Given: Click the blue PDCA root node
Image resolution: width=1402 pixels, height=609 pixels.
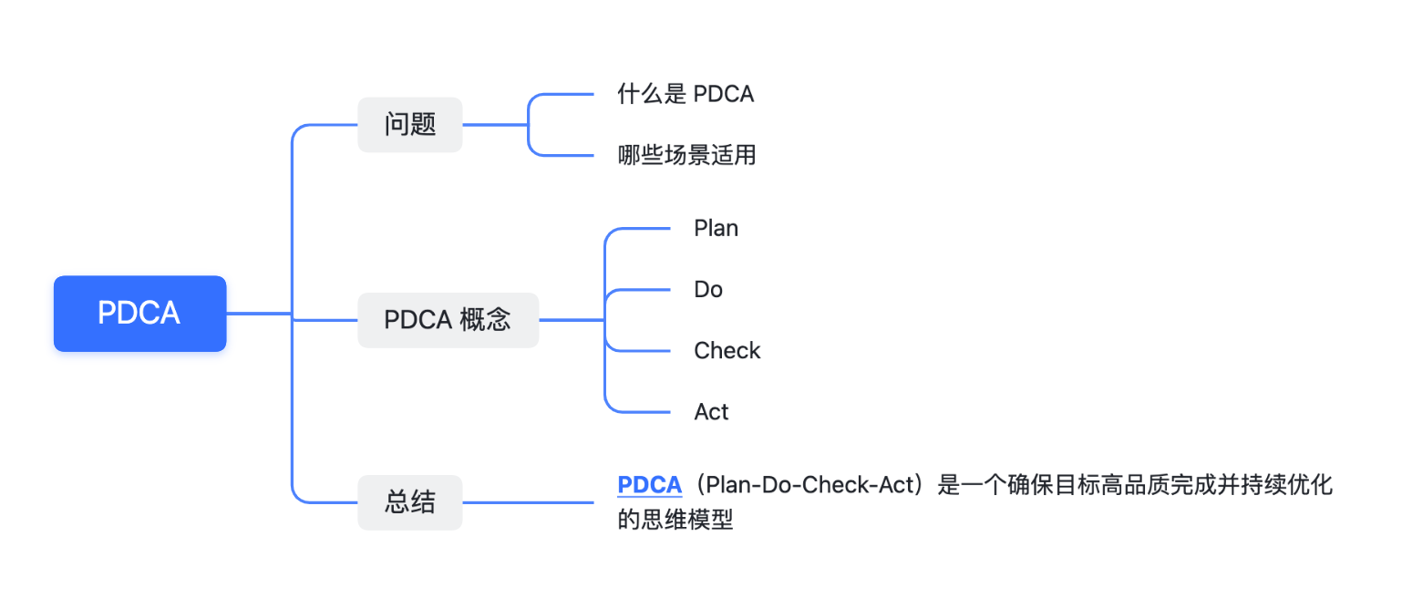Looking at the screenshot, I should tap(139, 314).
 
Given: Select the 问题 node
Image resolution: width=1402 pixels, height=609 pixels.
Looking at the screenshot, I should tap(410, 125).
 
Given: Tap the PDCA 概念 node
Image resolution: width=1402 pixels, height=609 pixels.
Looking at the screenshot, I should tap(448, 320).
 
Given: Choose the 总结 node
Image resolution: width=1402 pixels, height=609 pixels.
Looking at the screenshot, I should tap(410, 502).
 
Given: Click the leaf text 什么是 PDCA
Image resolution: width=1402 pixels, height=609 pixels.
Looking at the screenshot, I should tap(686, 94).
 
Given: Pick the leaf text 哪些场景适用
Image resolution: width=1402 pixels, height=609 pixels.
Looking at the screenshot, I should tap(686, 155).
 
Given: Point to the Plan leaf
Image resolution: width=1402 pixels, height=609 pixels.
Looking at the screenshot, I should tap(716, 228).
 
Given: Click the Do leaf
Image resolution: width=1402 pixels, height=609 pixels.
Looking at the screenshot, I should tap(708, 290).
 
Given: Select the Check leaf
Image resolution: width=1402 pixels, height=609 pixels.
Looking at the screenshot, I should tap(727, 351).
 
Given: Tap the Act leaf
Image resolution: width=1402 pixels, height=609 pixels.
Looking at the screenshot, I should tap(711, 412).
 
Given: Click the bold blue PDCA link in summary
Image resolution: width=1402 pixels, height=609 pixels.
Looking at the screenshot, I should tap(649, 485).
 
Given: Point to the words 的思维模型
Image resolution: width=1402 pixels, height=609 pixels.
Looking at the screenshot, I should tap(675, 521).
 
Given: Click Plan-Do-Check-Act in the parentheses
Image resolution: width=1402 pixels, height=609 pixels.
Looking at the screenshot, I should tap(809, 485).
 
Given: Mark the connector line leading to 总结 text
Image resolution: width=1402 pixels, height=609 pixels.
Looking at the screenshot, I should tap(529, 502).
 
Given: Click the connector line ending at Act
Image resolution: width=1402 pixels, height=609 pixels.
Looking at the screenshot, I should tap(638, 412).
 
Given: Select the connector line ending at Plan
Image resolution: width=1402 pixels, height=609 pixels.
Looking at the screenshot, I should tap(638, 229).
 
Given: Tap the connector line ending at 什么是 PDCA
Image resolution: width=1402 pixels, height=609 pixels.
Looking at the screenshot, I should tap(565, 94).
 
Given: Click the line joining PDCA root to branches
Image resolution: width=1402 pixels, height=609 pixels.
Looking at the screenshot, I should tap(259, 314).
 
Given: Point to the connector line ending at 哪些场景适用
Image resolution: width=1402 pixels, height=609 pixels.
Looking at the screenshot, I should tap(565, 155).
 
